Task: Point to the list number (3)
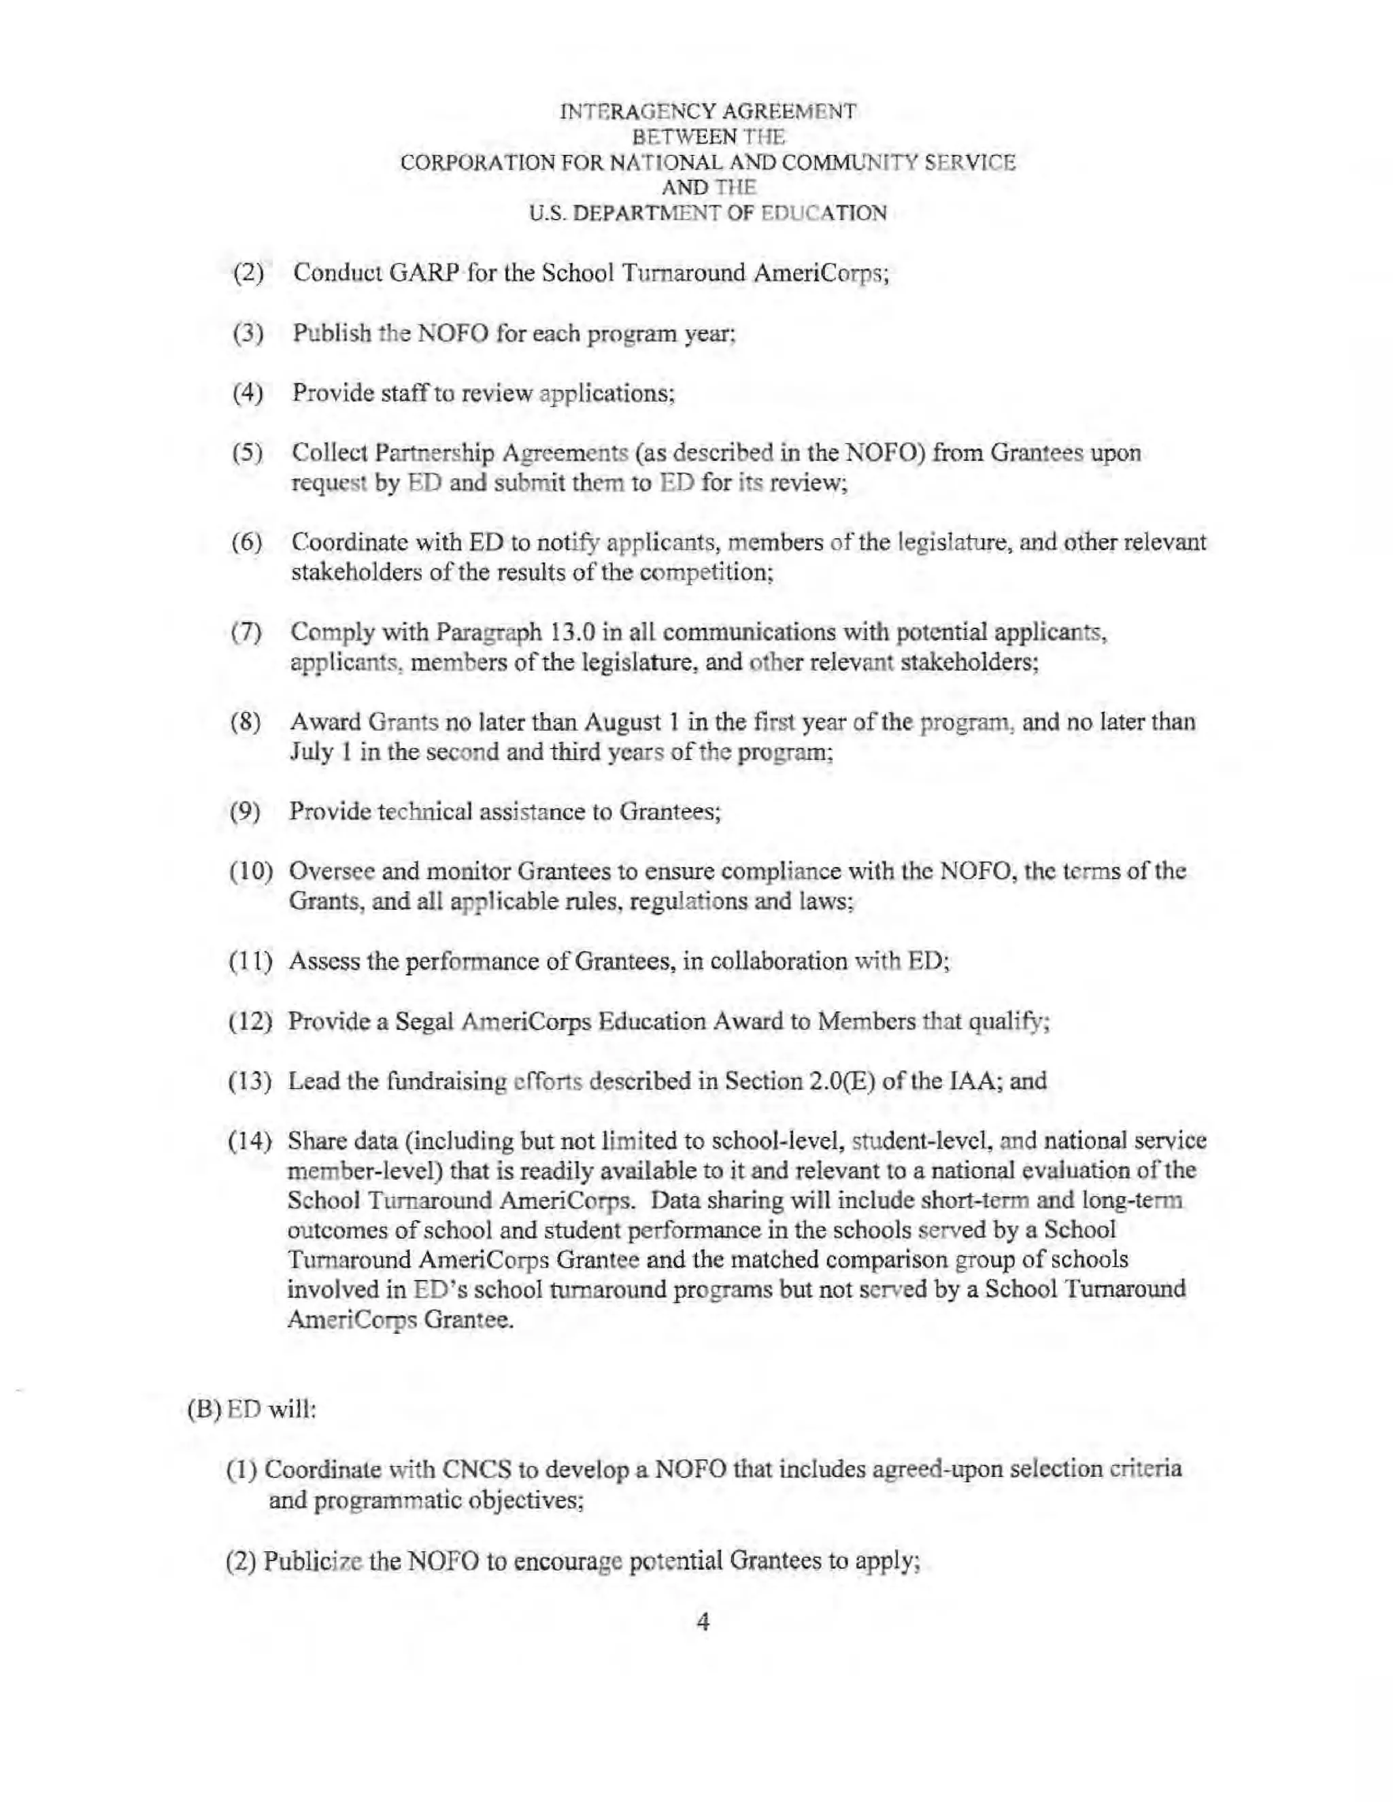tap(248, 334)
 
